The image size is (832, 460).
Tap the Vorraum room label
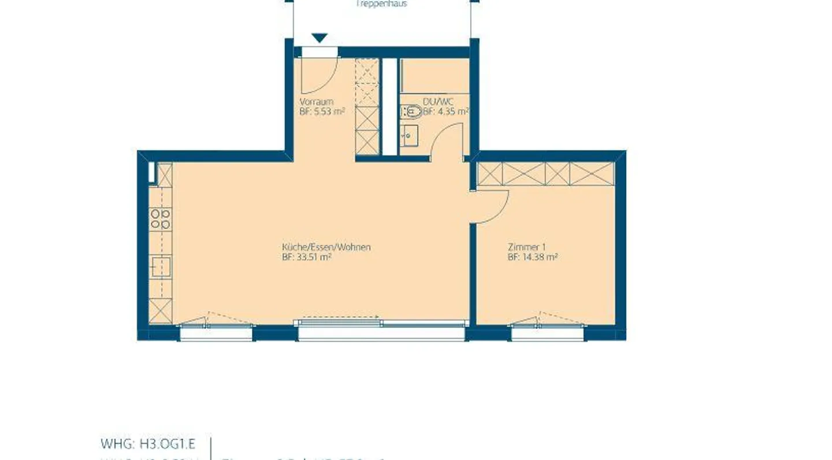pyautogui.click(x=316, y=102)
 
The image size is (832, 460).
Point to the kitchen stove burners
pyautogui.click(x=161, y=219)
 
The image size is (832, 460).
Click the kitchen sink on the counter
pyautogui.click(x=160, y=267)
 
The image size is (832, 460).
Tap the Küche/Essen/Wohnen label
pyautogui.click(x=326, y=247)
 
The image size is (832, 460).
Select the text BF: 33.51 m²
pyautogui.click(x=306, y=258)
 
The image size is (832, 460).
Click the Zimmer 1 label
pyautogui.click(x=526, y=247)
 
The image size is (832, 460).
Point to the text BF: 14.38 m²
pyautogui.click(x=532, y=258)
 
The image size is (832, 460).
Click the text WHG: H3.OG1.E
pyautogui.click(x=148, y=444)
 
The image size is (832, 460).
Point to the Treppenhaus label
pyautogui.click(x=381, y=3)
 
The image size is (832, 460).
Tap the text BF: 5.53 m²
pyautogui.click(x=322, y=112)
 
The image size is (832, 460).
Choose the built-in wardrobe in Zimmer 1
pyautogui.click(x=545, y=174)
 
